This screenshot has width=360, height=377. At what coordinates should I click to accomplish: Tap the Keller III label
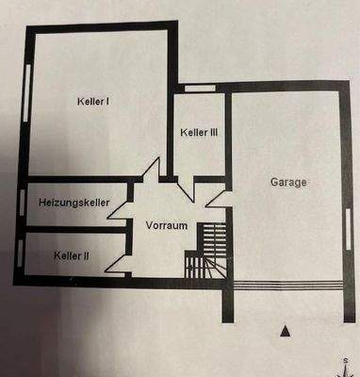[199, 133]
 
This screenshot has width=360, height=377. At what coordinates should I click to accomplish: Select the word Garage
[288, 183]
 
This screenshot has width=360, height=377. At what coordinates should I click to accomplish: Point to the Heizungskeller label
[74, 203]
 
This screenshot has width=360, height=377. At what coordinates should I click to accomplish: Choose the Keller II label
[72, 254]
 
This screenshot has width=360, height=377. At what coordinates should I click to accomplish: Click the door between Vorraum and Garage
[214, 199]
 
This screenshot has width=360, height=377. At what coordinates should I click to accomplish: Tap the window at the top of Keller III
[198, 89]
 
